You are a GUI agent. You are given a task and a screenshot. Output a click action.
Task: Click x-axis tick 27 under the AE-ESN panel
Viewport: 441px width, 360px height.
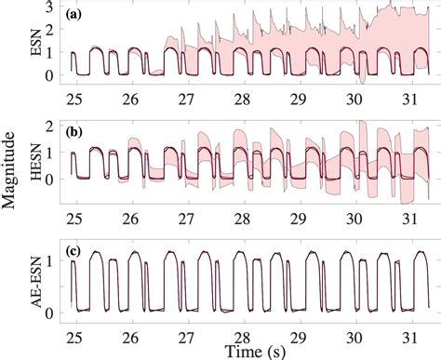coord(185,331)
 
